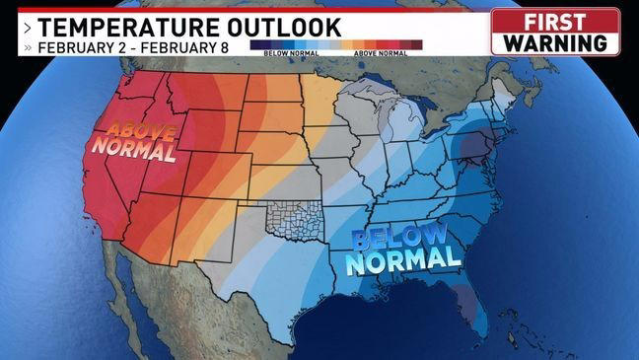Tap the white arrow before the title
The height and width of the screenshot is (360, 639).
pos(27,27)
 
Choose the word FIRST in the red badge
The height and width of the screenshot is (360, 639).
pos(555,22)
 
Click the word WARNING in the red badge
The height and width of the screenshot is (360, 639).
pos(555,43)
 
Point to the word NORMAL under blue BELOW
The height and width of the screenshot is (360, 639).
pos(405,260)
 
